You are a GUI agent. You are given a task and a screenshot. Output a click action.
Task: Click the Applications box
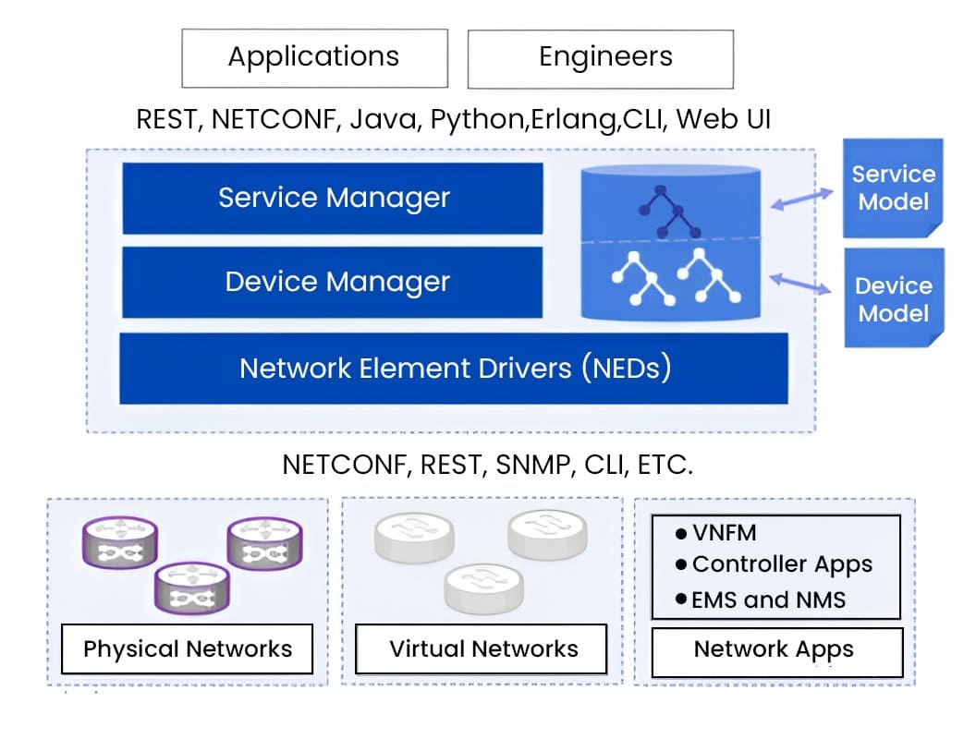pos(314,57)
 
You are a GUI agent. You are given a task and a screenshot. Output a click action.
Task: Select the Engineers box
pos(601,57)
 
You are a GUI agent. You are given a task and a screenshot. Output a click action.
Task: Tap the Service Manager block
pos(333,198)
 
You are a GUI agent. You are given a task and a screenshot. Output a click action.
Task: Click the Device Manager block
pos(333,282)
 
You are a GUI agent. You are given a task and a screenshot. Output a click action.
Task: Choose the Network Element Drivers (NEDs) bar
pos(454,369)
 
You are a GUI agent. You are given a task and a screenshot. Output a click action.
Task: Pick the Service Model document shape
pos(893,188)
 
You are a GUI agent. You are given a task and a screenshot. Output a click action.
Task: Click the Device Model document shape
pos(893,298)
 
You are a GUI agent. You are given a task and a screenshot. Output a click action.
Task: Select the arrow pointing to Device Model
pos(801,283)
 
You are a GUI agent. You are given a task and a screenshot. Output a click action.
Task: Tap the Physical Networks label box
pos(187,649)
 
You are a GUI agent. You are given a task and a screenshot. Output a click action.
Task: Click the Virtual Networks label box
pos(482,649)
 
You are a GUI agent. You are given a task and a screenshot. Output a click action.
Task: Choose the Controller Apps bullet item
pos(775,564)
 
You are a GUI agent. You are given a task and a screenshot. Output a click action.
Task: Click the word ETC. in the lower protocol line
pos(665,464)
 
